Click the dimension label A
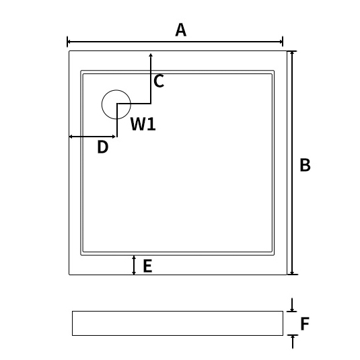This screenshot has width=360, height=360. point(181,30)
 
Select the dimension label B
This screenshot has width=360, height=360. point(305,165)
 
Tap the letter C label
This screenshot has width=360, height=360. point(159,81)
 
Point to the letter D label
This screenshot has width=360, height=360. point(103,147)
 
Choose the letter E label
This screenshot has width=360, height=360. point(147,266)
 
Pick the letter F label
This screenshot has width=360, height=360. point(305,324)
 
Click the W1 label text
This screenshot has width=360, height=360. point(143,124)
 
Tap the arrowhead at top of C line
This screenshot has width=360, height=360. point(151,55)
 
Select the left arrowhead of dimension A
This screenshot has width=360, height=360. point(69,42)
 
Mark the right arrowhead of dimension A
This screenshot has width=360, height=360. point(281,42)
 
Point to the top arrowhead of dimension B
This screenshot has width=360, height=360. point(292,52)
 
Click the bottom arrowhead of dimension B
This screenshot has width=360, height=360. point(292,273)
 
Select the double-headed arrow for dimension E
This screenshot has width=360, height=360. point(134,265)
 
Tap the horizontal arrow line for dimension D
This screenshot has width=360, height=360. point(92,137)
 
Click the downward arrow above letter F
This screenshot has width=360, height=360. point(292,305)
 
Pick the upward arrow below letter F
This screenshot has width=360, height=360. point(293,342)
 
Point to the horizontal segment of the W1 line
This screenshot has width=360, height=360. point(134,104)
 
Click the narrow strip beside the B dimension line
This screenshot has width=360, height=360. point(289,163)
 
